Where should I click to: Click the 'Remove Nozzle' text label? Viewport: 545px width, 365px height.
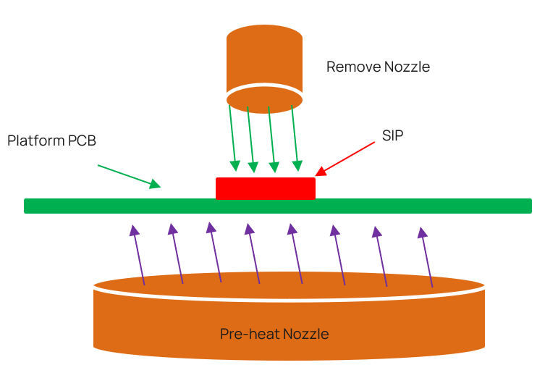378,67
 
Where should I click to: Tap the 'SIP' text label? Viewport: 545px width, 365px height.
392,135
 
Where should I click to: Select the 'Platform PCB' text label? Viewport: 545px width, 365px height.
51,140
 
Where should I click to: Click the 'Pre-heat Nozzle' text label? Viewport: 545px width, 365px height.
274,334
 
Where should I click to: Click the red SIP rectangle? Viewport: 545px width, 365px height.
266,188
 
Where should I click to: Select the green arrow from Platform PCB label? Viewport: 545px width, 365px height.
128,176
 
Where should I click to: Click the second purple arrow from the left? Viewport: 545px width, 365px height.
177,253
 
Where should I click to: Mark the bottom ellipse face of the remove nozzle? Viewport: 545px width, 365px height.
264,97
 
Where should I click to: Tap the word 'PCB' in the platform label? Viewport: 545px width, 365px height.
81,140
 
